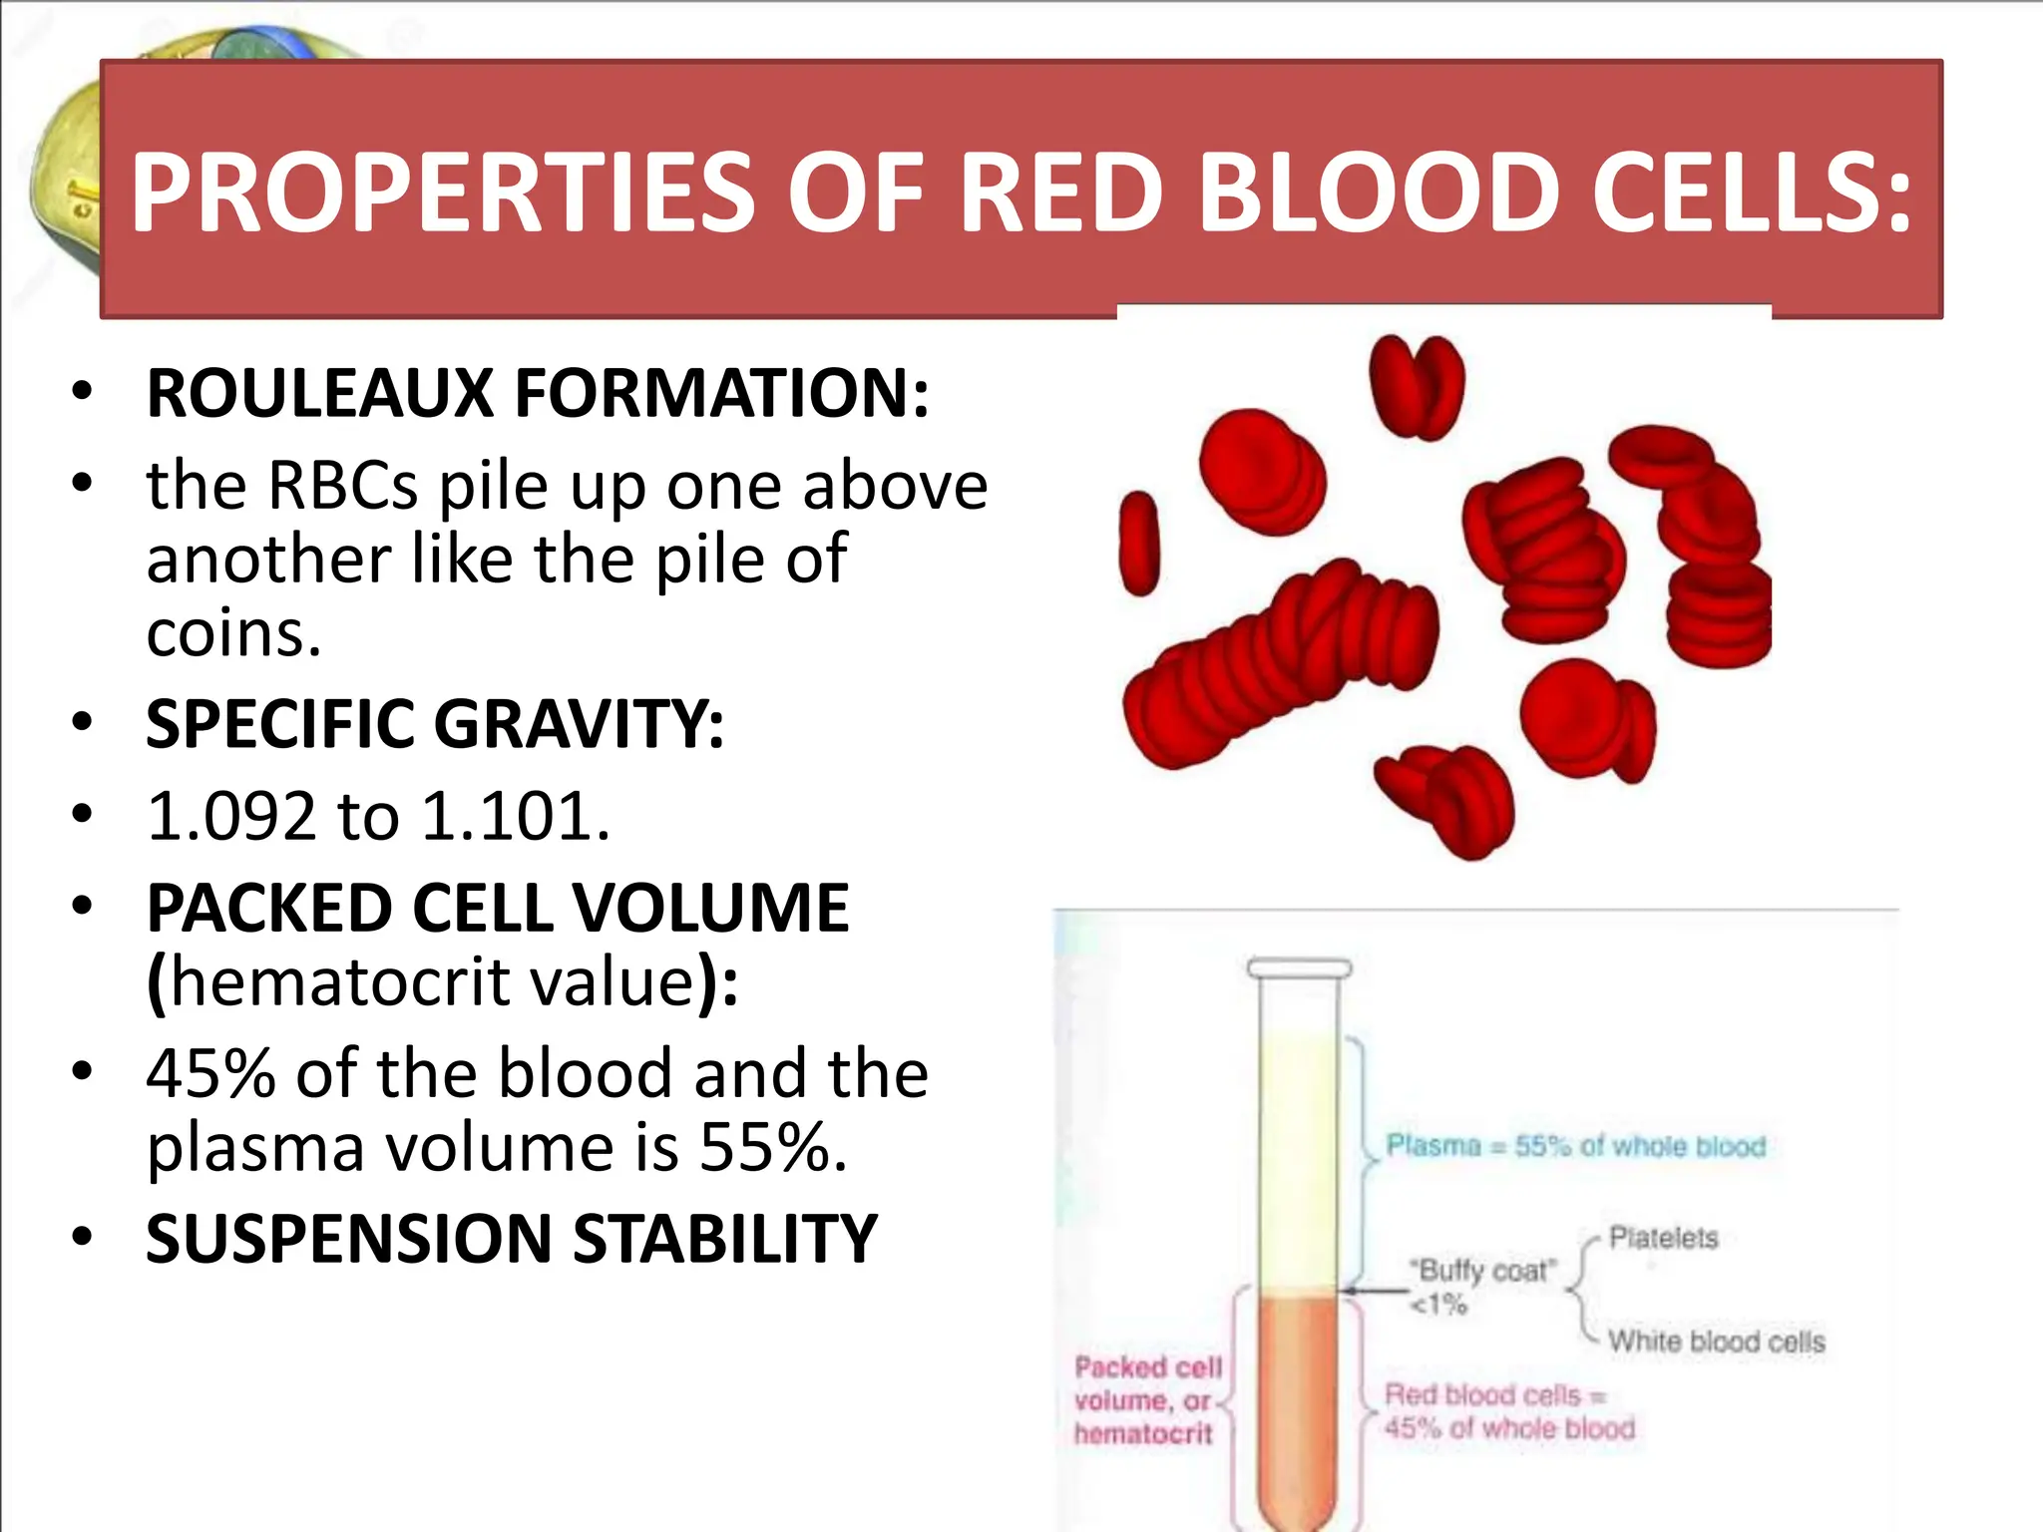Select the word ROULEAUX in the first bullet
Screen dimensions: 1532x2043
click(320, 393)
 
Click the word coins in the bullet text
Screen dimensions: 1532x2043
click(232, 633)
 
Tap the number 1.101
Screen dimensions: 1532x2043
click(513, 817)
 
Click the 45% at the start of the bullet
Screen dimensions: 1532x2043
click(209, 1074)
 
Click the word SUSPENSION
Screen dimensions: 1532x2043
click(349, 1240)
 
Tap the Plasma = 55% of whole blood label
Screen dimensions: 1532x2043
click(1575, 1146)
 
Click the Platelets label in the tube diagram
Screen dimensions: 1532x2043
click(1663, 1238)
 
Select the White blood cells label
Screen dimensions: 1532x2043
click(1716, 1341)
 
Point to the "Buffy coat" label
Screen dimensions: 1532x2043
click(1482, 1271)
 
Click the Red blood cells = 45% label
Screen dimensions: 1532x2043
click(1508, 1411)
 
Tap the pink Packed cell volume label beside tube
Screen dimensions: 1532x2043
click(1146, 1400)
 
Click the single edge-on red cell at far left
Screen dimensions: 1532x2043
click(1138, 544)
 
